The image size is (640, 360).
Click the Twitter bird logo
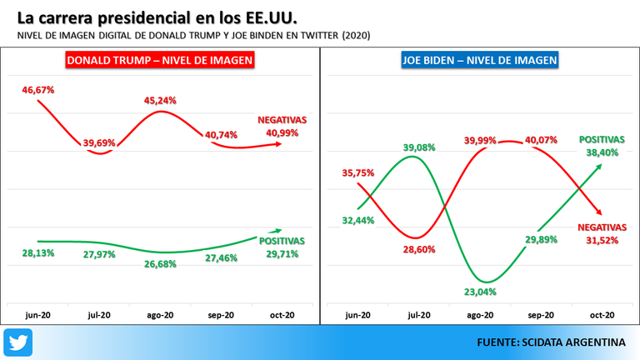[18, 342]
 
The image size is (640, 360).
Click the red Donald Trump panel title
[160, 60]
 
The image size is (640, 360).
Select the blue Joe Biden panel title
[480, 60]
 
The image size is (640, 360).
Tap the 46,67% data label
[38, 90]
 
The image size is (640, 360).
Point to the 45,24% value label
[160, 100]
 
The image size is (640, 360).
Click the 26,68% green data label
[160, 264]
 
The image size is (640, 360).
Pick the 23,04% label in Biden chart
[480, 292]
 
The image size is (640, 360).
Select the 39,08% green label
[419, 147]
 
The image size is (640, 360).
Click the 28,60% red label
[419, 249]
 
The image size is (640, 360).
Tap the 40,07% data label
[541, 140]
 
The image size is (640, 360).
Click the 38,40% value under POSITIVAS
[602, 152]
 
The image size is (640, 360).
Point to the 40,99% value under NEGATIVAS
[282, 133]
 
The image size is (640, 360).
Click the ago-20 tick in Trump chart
[160, 315]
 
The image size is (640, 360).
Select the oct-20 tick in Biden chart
[602, 315]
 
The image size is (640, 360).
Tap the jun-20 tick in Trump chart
[38, 315]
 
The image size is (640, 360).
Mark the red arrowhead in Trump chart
[278, 144]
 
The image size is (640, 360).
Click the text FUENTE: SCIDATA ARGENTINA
[551, 342]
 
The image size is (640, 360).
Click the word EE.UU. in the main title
[271, 18]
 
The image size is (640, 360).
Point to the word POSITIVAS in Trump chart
[282, 241]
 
